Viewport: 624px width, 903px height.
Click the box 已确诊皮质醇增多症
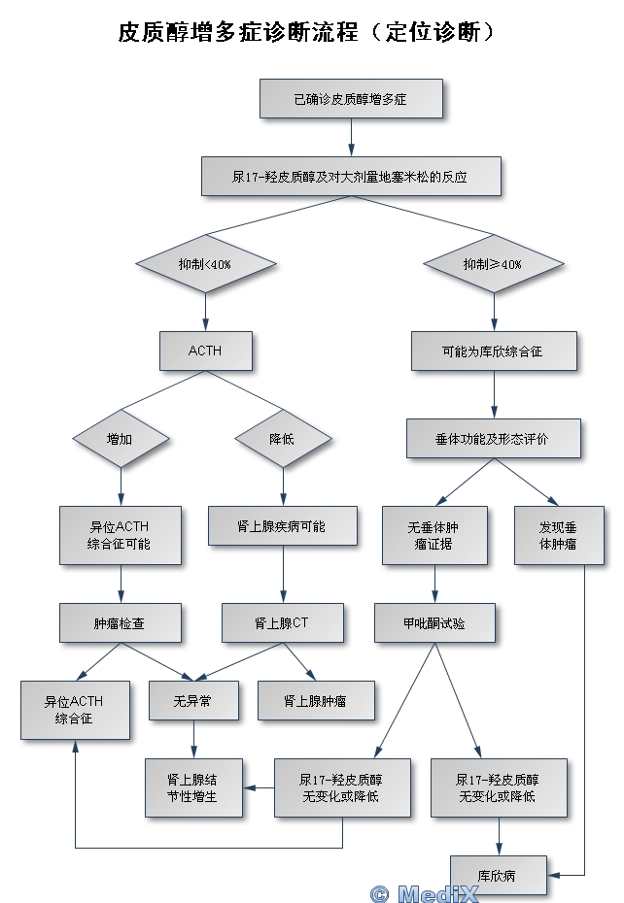click(351, 98)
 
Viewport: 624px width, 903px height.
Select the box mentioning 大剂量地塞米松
click(351, 176)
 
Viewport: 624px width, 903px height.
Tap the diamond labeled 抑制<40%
click(206, 264)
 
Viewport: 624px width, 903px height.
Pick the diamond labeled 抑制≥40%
click(494, 264)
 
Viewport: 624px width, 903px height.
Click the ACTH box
click(206, 351)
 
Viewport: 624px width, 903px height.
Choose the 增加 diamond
click(121, 438)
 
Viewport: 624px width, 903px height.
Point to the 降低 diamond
click(283, 438)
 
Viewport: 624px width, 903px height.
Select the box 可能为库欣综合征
click(494, 351)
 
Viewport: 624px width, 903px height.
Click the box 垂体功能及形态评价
click(494, 438)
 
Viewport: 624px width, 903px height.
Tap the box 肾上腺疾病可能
click(283, 526)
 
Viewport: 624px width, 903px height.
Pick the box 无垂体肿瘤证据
click(434, 535)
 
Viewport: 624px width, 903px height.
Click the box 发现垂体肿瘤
click(560, 535)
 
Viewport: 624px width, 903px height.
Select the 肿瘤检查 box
click(121, 622)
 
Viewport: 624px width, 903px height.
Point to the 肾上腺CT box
click(283, 622)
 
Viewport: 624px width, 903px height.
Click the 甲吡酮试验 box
click(434, 622)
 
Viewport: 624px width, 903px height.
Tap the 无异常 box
click(193, 700)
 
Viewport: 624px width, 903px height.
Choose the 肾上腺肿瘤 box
click(316, 700)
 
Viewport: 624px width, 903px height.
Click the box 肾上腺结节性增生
click(193, 787)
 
